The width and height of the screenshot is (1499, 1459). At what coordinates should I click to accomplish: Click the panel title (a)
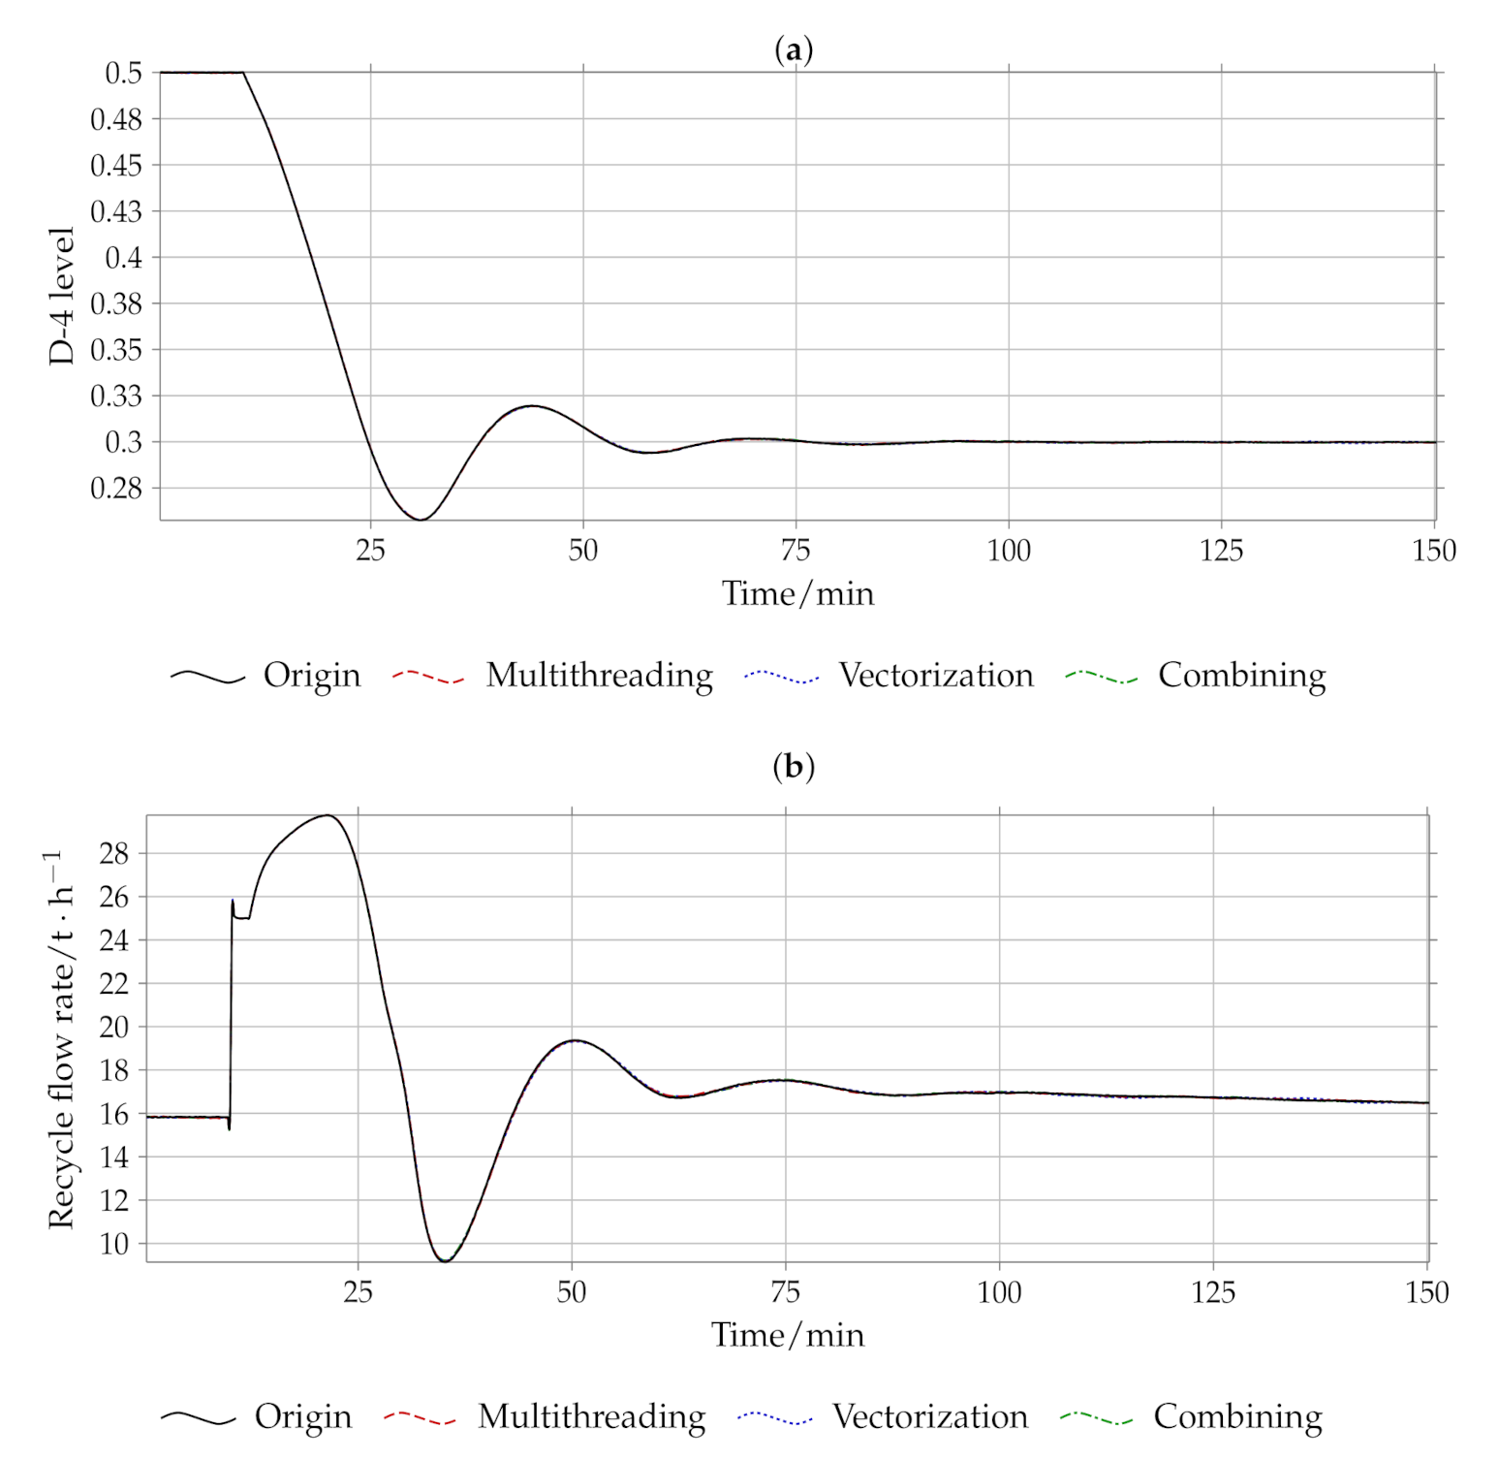[x=794, y=49]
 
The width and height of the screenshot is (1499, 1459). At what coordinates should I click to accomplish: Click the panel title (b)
[x=794, y=767]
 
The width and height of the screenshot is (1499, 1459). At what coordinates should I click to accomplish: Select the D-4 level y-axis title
[x=61, y=296]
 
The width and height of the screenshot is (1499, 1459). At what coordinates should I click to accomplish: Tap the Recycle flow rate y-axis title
[x=60, y=1039]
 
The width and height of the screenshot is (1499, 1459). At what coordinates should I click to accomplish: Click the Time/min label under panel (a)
[x=797, y=593]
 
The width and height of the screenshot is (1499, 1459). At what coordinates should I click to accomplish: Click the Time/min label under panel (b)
[x=787, y=1335]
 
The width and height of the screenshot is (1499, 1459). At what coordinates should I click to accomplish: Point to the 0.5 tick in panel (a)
[x=123, y=73]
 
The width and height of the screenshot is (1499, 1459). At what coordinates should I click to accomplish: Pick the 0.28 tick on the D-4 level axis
[x=116, y=488]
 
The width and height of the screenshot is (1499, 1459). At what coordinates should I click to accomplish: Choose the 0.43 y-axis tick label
[x=116, y=211]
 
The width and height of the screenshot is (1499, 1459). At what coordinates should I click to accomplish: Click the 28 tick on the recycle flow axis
[x=113, y=853]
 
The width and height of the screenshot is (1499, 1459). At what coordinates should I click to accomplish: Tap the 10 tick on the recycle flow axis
[x=113, y=1244]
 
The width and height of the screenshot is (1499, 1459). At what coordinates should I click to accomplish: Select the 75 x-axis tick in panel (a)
[x=796, y=551]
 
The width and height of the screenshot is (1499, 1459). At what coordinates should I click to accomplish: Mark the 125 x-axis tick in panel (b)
[x=1213, y=1292]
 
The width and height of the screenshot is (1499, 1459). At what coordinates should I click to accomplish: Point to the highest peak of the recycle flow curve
[x=328, y=815]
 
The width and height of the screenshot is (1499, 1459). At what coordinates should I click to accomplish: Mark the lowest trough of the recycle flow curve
[x=445, y=1260]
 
